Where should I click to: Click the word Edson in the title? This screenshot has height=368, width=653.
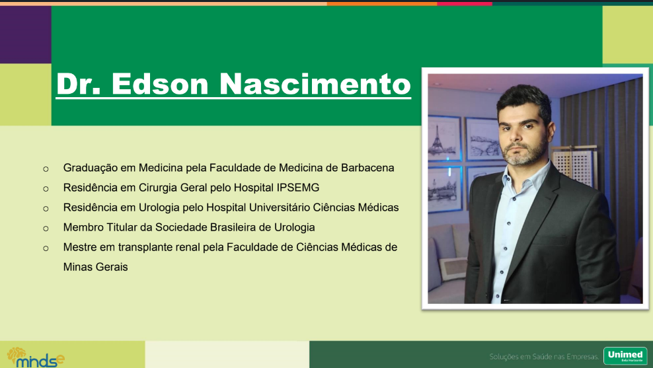[160, 84]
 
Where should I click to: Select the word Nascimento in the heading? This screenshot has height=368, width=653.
[315, 84]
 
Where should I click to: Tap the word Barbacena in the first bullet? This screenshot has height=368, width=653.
[367, 168]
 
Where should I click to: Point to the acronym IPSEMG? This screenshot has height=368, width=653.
[298, 188]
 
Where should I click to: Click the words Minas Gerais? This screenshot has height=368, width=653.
[95, 267]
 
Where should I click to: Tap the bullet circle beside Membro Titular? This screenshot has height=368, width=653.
[46, 229]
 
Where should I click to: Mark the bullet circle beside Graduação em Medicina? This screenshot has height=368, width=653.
[46, 169]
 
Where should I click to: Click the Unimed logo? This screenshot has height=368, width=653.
[625, 355]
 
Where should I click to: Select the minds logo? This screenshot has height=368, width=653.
[36, 357]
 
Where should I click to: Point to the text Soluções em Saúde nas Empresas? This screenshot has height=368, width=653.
[544, 357]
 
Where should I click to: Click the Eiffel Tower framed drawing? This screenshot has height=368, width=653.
[444, 139]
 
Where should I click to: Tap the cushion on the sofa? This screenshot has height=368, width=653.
[452, 268]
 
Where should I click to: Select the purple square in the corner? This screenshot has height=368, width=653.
[25, 34]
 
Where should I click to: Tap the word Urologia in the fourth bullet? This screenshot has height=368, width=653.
[294, 227]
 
